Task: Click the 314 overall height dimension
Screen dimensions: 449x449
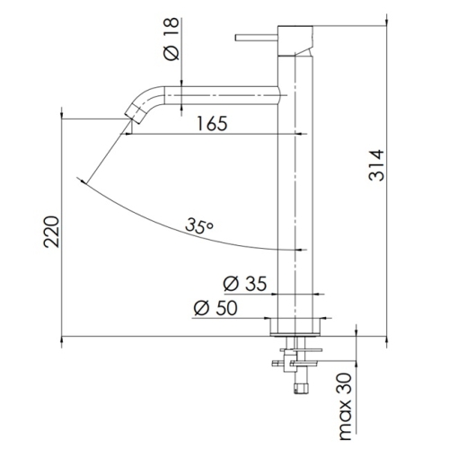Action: [376, 165]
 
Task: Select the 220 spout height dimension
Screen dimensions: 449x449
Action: [51, 232]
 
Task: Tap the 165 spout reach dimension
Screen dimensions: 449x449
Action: [212, 123]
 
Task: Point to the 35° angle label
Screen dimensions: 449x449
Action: [199, 225]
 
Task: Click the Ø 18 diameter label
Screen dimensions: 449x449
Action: [172, 39]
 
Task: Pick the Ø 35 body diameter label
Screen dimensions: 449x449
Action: [244, 284]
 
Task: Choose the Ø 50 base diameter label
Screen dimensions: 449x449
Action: [216, 308]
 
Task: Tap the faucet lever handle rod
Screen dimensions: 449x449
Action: [257, 38]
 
